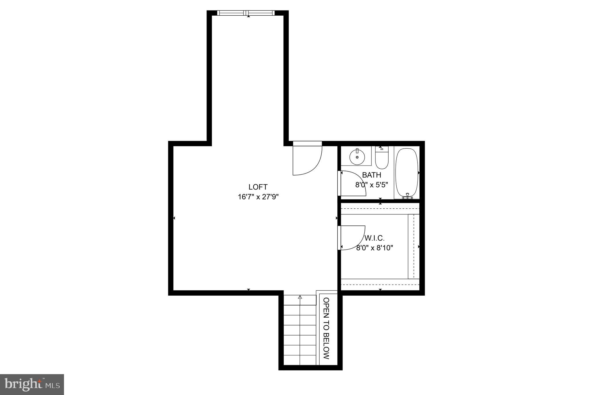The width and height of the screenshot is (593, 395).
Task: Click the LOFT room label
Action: coord(258,187)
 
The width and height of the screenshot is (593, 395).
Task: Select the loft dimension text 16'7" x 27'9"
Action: coord(258,197)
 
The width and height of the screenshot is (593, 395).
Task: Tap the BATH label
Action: coord(371,175)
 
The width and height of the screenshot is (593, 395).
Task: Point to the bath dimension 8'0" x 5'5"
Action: coord(371,185)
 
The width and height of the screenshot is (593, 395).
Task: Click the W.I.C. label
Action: coord(374,238)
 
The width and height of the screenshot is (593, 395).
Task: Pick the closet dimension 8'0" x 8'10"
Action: coord(374,248)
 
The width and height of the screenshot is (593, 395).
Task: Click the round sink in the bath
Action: coord(357,157)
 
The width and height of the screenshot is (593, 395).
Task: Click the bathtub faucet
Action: coord(407,196)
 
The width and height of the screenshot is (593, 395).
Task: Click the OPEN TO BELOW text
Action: coord(326,328)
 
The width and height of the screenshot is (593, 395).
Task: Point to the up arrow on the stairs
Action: coord(300,298)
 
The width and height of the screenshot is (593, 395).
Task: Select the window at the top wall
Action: coord(246,13)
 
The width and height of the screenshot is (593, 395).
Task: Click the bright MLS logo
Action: coord(32,385)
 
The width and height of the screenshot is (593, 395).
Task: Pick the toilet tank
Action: coord(382,149)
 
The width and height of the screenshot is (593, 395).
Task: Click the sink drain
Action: coord(357,157)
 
